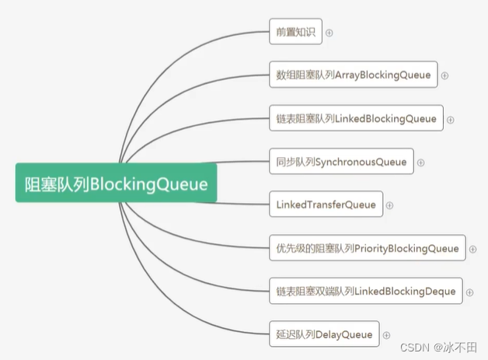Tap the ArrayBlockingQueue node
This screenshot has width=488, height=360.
click(x=353, y=75)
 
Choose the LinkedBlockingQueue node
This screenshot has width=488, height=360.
click(x=356, y=118)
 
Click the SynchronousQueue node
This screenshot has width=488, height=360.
click(x=341, y=162)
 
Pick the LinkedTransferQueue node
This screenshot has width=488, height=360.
click(x=326, y=205)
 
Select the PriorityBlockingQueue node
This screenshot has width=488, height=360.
click(x=367, y=248)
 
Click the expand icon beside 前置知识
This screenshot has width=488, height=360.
click(x=329, y=33)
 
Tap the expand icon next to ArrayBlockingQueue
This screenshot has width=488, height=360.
click(x=445, y=75)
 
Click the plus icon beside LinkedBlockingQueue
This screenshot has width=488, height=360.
click(x=451, y=120)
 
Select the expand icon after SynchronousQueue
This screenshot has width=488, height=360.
click(x=421, y=163)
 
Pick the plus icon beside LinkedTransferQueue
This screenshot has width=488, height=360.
click(x=390, y=206)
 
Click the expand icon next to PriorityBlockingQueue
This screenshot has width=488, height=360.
click(x=473, y=250)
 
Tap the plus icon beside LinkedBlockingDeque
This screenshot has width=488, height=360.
click(x=470, y=292)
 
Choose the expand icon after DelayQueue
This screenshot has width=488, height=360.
click(x=386, y=335)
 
